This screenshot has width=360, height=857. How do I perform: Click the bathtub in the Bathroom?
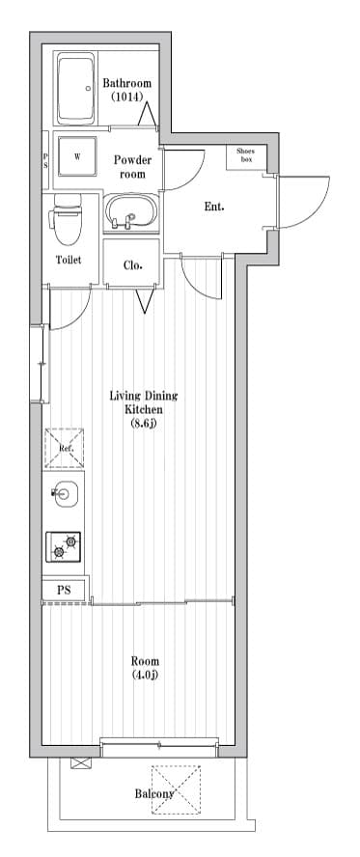coord(76,89)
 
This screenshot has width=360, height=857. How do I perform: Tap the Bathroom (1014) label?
coord(126,90)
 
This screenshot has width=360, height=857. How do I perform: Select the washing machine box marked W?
coord(77,155)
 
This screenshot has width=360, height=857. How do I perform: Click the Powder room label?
coord(132,167)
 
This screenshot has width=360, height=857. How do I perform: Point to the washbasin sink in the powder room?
coord(131,213)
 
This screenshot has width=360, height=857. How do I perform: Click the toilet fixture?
coord(67,219)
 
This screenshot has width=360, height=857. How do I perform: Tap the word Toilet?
coord(69,260)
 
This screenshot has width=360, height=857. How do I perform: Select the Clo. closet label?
coord(133,265)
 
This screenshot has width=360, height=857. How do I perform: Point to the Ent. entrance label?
coord(214,207)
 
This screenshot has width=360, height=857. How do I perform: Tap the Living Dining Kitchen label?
coord(144,409)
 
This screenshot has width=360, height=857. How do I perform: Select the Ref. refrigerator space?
coord(64,448)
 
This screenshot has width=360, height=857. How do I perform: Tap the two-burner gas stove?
coord(64,546)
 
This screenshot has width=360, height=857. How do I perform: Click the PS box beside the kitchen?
coord(64,591)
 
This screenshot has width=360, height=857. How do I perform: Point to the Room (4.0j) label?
coord(145,668)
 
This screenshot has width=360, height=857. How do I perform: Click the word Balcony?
coord(154,793)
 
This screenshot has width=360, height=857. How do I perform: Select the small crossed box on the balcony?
coord(79,763)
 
